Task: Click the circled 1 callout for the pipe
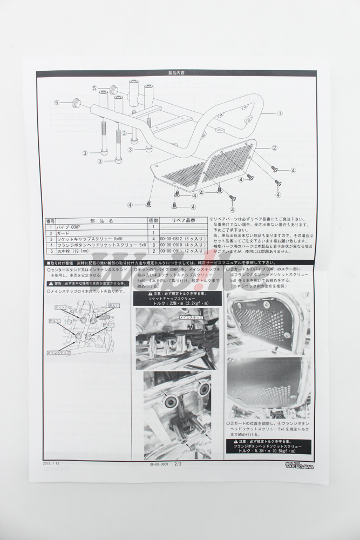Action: tap(280, 113)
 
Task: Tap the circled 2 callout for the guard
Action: tap(274, 147)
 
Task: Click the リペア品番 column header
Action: tap(184, 221)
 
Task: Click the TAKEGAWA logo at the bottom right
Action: tap(300, 464)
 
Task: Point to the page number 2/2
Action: tap(179, 463)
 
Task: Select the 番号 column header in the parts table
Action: tap(51, 221)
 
